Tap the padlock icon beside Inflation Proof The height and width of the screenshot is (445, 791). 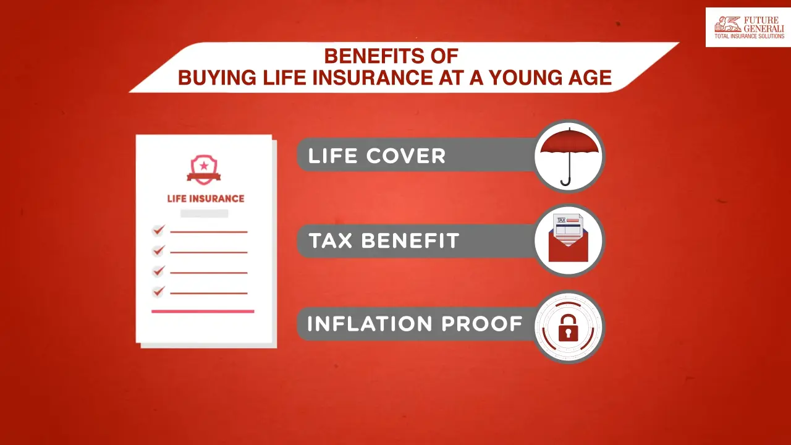pos(568,331)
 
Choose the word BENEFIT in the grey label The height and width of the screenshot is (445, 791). pos(410,240)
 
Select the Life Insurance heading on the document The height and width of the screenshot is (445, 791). pos(206,198)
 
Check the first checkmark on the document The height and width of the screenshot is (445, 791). pos(159,231)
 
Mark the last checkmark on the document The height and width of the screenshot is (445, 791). pos(159,291)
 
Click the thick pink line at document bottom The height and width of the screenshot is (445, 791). pos(203,311)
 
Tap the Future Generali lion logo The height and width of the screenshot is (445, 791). pos(727,25)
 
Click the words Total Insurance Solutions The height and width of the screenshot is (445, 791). pos(749,36)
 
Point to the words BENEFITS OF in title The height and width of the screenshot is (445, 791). pos(391,56)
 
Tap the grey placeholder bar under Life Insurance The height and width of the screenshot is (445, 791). pos(204,213)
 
